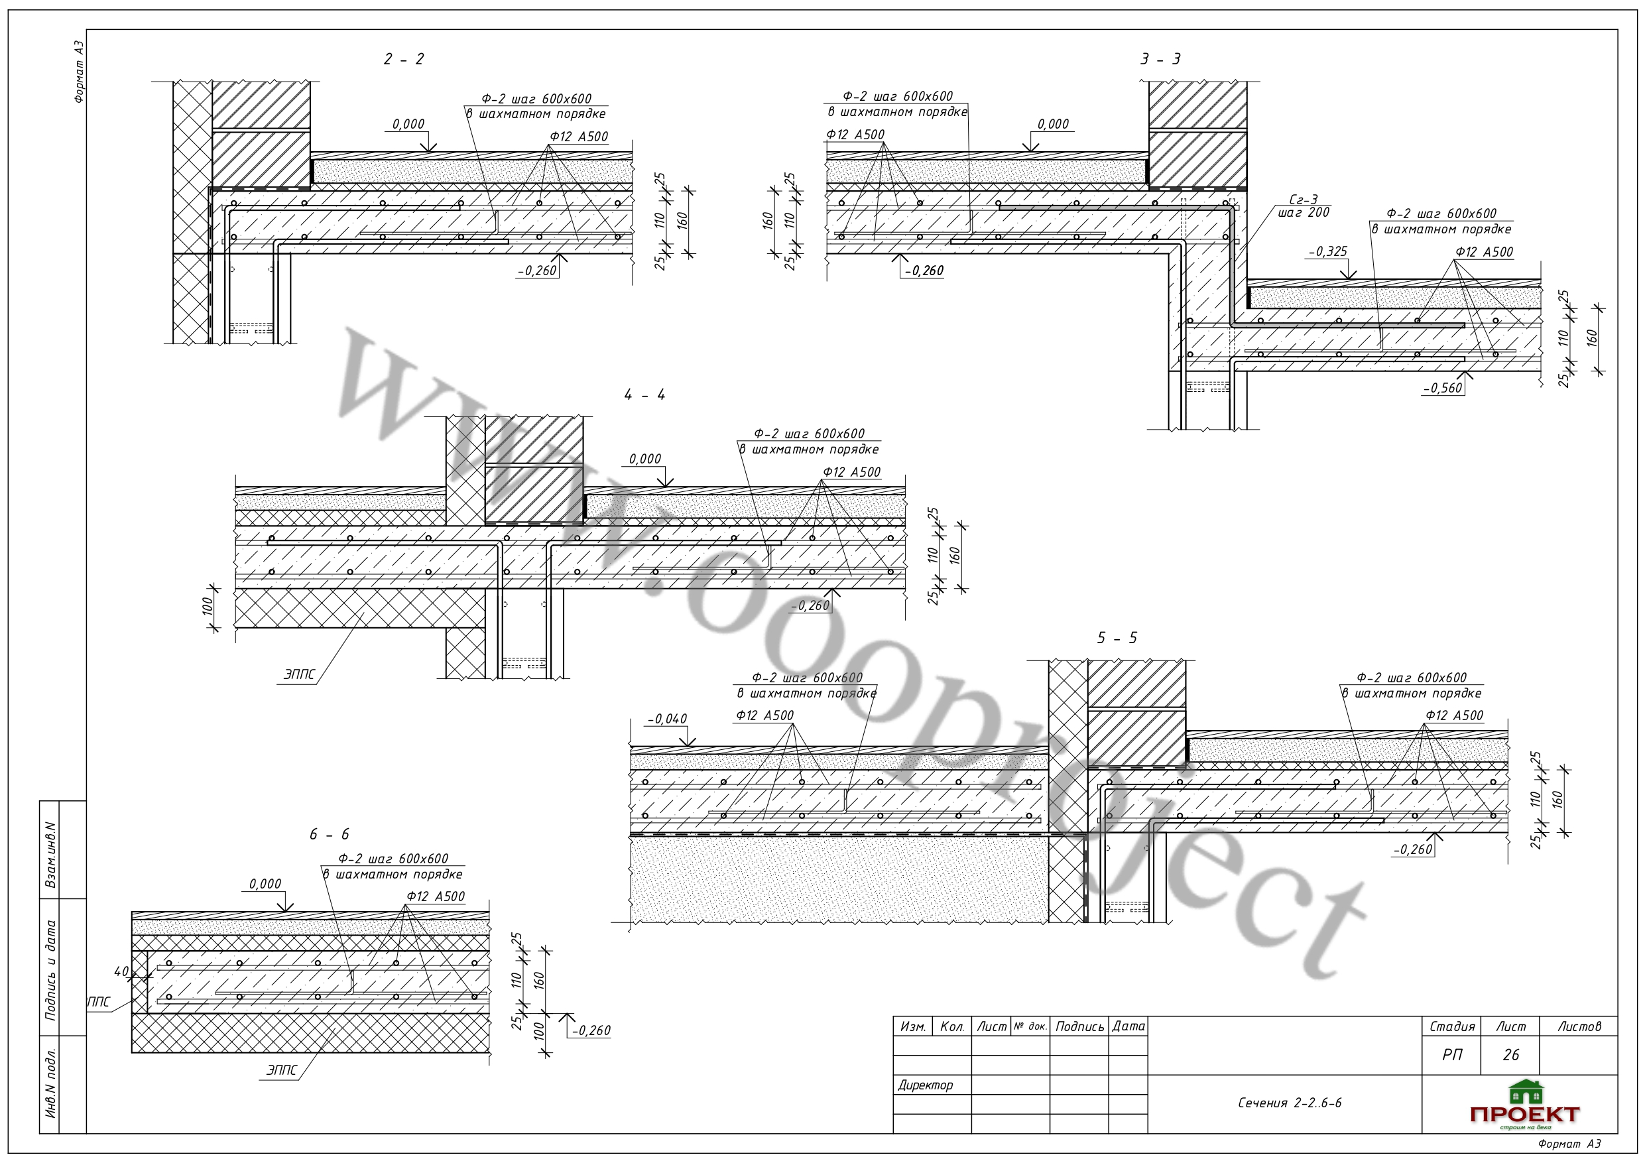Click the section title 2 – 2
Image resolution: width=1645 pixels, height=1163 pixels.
point(403,60)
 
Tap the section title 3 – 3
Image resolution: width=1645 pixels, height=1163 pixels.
point(1161,60)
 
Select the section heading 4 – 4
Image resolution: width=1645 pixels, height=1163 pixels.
point(645,395)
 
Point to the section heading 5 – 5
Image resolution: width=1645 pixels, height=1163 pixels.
point(1117,638)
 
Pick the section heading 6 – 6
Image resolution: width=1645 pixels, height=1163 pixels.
point(330,834)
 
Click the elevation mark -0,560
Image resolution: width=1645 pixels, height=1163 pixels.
point(1442,389)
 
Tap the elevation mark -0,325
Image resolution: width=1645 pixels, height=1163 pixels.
point(1327,251)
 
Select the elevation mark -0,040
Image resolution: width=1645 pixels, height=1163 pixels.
point(667,719)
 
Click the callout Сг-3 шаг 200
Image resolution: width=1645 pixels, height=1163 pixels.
point(1304,206)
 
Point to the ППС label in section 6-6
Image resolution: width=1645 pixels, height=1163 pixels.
point(99,1002)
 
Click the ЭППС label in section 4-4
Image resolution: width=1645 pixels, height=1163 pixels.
point(300,674)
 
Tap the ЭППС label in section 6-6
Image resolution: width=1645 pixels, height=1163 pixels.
point(282,1071)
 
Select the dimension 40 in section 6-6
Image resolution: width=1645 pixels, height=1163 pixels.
point(121,971)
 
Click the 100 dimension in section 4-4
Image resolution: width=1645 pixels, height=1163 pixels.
point(208,607)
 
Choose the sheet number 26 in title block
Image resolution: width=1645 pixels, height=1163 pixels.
point(1511,1055)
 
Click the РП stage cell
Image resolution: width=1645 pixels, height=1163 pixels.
point(1452,1055)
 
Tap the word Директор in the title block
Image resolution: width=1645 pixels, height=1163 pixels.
point(926,1085)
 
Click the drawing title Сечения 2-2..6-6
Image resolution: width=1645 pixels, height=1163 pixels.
point(1290,1103)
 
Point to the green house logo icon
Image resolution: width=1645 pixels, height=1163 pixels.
point(1526,1092)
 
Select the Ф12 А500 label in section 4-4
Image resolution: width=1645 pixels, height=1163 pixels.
point(852,472)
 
